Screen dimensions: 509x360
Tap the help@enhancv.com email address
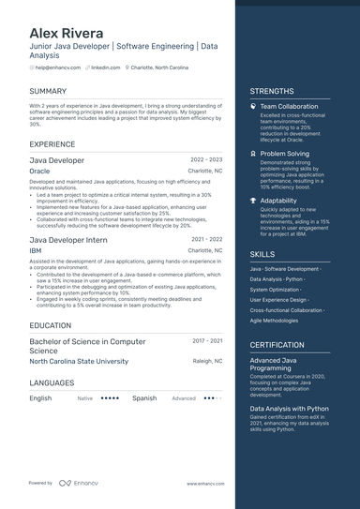coord(57,67)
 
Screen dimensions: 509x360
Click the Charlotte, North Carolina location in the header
coord(159,67)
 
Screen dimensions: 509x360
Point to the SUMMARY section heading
coord(48,91)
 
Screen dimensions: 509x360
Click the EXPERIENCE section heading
coord(52,144)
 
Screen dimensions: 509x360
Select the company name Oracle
coord(39,172)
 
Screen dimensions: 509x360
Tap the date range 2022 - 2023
coord(206,160)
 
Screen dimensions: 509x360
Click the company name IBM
coord(36,251)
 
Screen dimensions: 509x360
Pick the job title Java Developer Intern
coord(68,240)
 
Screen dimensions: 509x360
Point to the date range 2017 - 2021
coord(207,341)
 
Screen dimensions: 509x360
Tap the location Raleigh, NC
coord(207,361)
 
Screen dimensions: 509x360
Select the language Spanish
coord(144,397)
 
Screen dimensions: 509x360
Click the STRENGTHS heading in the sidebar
coord(272,91)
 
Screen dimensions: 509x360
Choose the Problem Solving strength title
coord(284,153)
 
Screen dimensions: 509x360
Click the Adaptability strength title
coord(278,200)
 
